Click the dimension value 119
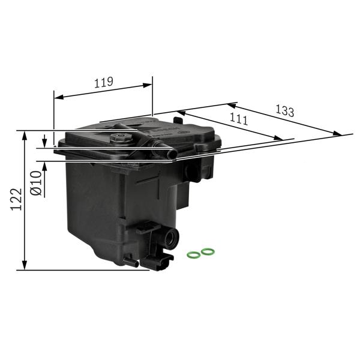coord(104,83)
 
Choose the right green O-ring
coord(208,251)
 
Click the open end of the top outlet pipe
coord(172,155)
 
